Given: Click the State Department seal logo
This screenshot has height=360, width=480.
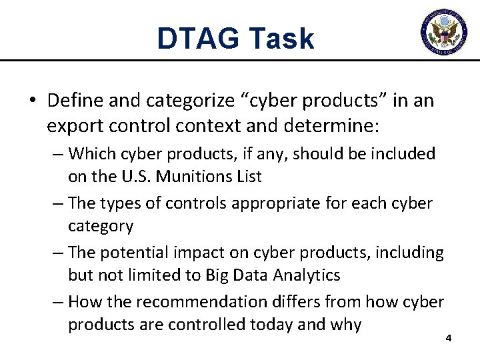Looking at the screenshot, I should [x=444, y=30].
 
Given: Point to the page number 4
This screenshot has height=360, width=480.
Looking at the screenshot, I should [x=449, y=339].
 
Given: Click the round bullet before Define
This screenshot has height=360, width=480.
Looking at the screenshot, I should [x=33, y=101].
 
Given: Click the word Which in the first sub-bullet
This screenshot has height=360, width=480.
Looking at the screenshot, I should [x=92, y=154].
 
